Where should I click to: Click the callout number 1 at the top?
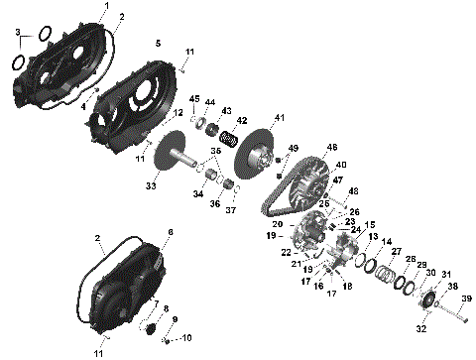(107, 7)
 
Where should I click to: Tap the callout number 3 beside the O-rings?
(17, 35)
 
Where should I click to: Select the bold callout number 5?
(158, 45)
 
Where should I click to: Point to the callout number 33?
(151, 185)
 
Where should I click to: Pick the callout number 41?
(280, 118)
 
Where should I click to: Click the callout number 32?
(420, 328)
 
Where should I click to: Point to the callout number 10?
(186, 337)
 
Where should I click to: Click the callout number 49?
(293, 148)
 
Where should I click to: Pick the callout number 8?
(166, 308)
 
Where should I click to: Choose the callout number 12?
(178, 114)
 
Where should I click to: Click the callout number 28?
(411, 260)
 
